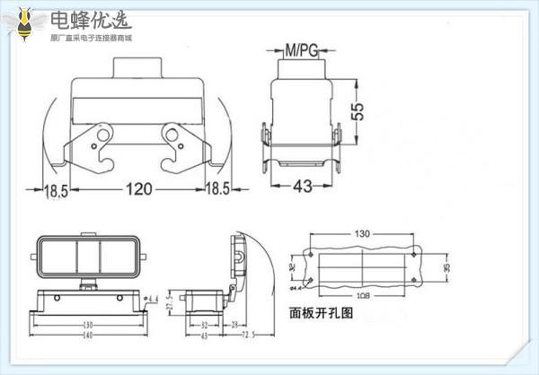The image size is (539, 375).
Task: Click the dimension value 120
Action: coord(137,188)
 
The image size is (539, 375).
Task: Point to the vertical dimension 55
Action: coord(358,112)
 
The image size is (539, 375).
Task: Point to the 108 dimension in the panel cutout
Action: coord(360,295)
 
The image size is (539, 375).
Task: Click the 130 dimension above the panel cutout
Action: coord(360,235)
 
